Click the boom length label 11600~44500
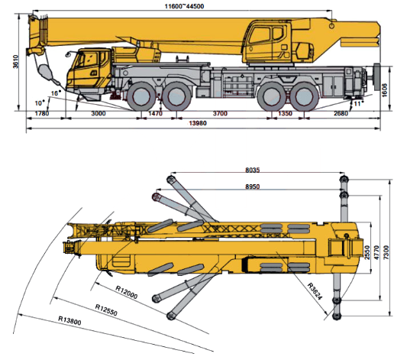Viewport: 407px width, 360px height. (x=184, y=6)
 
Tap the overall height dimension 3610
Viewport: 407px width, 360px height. (x=16, y=62)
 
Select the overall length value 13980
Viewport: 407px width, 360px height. (x=198, y=123)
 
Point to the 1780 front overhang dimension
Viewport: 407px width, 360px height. (x=42, y=114)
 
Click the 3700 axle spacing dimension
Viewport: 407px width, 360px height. (x=220, y=114)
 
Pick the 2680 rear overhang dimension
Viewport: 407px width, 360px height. (x=341, y=114)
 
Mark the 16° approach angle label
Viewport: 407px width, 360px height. (x=56, y=93)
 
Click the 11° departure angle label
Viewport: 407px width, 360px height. (x=358, y=103)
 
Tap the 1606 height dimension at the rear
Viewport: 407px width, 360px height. (x=385, y=90)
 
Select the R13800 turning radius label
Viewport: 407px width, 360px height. (x=69, y=320)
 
